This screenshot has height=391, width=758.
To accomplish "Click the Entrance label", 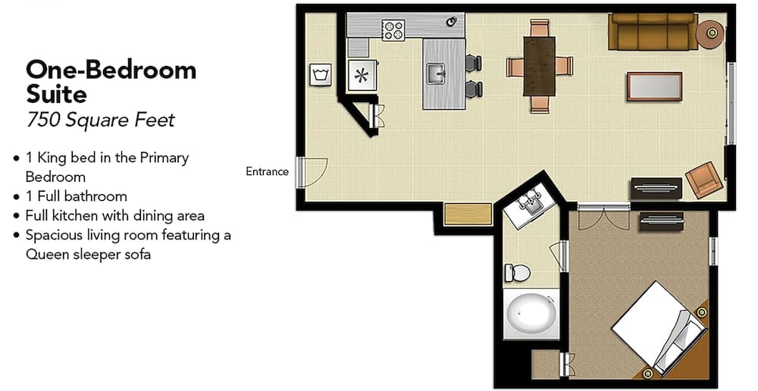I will click(x=267, y=171).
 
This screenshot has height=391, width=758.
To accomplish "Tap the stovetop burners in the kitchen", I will click(x=393, y=30).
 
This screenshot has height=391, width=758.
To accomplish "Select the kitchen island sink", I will click(x=435, y=74).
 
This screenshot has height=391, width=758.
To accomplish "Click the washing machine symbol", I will click(x=319, y=74).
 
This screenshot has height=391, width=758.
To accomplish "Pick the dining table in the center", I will click(x=539, y=66).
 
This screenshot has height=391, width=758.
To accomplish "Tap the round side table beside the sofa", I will click(x=711, y=33).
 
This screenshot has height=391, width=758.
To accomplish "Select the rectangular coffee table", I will click(x=653, y=86).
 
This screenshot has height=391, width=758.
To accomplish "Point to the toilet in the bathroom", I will click(x=517, y=271).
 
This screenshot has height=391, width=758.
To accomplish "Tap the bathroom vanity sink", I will click(x=530, y=203).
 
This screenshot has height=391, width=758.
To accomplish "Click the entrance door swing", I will click(x=311, y=172).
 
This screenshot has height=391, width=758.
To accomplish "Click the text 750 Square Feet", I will click(x=100, y=119).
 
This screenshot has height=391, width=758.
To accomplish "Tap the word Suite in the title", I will click(x=56, y=95).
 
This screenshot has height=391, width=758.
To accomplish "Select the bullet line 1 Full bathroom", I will click(x=76, y=196).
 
